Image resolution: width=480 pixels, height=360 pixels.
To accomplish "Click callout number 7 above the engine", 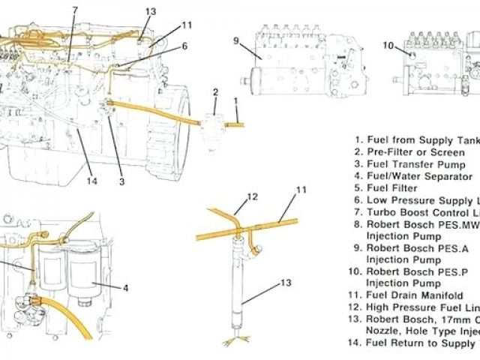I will tap(75, 10).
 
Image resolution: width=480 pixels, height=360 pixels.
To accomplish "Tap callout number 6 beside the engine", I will tap(184, 46).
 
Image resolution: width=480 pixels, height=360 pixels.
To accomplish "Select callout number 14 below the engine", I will tap(92, 180).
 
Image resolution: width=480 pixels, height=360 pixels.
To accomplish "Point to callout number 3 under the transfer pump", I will tap(121, 180).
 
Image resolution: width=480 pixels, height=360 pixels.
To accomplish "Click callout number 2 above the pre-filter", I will tap(215, 92).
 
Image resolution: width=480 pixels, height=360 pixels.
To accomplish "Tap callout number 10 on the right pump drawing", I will tap(388, 46).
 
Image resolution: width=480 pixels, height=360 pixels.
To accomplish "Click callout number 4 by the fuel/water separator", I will tap(125, 287).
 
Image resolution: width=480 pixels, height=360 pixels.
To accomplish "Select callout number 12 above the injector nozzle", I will tap(253, 197).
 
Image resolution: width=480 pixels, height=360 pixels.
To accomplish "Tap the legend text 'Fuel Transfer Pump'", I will tap(416, 164).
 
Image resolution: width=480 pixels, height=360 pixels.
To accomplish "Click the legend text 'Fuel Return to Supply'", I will tap(420, 343).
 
